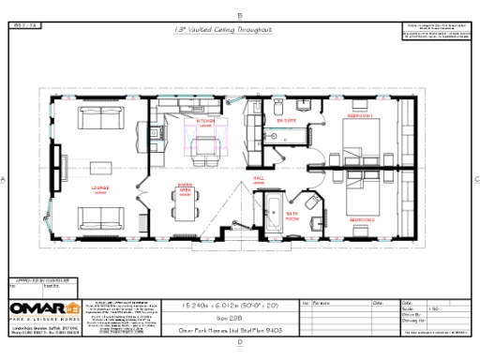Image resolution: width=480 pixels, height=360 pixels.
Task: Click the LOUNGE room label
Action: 99,187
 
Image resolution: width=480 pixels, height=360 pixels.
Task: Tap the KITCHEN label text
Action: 204,122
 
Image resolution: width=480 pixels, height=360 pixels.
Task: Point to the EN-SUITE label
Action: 285,122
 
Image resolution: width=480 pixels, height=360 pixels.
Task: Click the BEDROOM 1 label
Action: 361,115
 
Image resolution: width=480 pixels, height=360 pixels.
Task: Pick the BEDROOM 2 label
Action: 362,218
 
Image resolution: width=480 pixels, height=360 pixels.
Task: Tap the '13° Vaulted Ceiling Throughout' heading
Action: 223,30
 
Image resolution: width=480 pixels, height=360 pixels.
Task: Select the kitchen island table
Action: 206,142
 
